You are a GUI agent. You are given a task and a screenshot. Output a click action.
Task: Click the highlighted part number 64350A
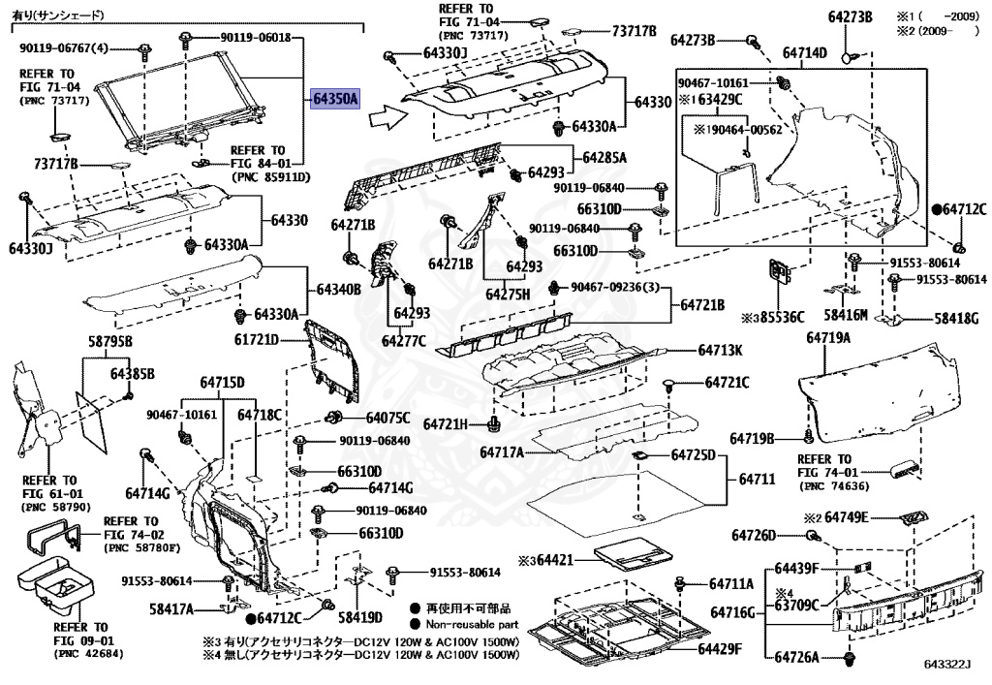click(x=335, y=99)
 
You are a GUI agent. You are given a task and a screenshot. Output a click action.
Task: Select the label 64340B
click(x=337, y=289)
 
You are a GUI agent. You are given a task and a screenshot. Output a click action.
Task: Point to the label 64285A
click(x=604, y=157)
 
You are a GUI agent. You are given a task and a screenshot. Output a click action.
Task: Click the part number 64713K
click(x=721, y=350)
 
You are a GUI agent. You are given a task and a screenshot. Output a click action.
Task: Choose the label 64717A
click(x=501, y=452)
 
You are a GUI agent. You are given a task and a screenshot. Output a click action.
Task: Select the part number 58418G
click(x=956, y=318)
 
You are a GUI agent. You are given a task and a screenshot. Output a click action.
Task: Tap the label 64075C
click(x=387, y=418)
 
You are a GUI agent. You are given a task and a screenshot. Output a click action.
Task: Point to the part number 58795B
click(x=109, y=341)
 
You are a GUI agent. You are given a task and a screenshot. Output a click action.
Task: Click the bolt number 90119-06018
click(x=255, y=37)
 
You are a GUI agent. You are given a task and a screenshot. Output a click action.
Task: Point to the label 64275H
click(x=509, y=293)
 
